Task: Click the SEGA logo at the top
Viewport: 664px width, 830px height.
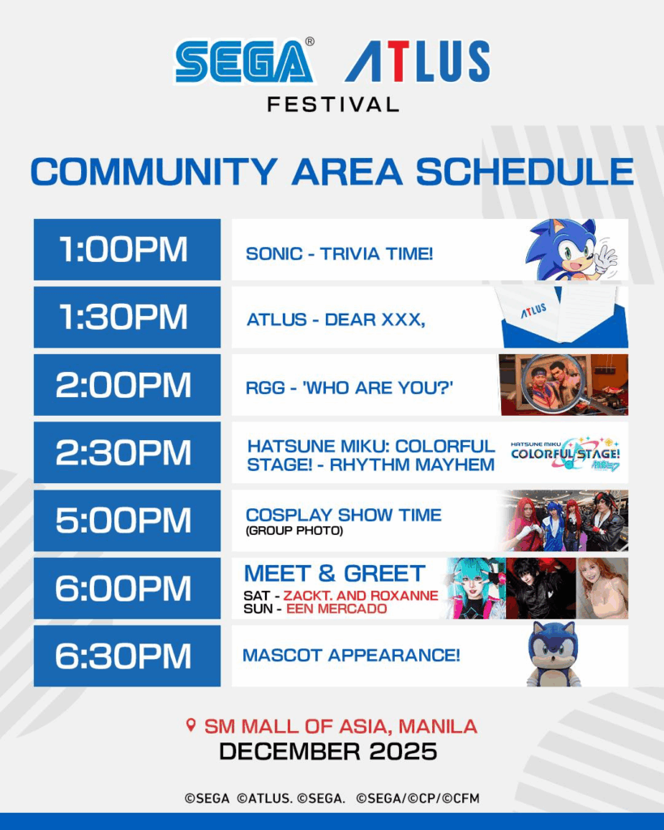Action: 245,62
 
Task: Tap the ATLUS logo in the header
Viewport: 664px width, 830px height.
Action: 418,62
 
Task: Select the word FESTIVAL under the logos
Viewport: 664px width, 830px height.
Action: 333,105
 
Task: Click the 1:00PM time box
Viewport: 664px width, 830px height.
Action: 127,250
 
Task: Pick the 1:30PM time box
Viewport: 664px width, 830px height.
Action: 127,317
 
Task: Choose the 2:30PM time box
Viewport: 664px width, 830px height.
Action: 127,452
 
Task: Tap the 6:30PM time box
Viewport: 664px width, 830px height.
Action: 127,656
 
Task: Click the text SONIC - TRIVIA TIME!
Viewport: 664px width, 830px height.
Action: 340,254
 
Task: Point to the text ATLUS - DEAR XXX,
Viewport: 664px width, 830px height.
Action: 336,319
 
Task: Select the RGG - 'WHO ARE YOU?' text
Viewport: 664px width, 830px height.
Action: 349,387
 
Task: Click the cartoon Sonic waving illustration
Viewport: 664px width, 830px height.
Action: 571,250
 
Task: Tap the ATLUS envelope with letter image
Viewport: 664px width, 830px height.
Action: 564,317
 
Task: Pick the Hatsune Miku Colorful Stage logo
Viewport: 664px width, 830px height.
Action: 565,454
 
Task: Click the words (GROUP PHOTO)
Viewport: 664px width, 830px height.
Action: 294,530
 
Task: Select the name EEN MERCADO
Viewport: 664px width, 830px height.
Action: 336,609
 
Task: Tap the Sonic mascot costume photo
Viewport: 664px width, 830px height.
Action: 553,655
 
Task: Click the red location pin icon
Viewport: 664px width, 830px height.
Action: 191,725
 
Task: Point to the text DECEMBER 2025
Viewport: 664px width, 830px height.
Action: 328,751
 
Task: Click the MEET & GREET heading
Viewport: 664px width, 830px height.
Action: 335,574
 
